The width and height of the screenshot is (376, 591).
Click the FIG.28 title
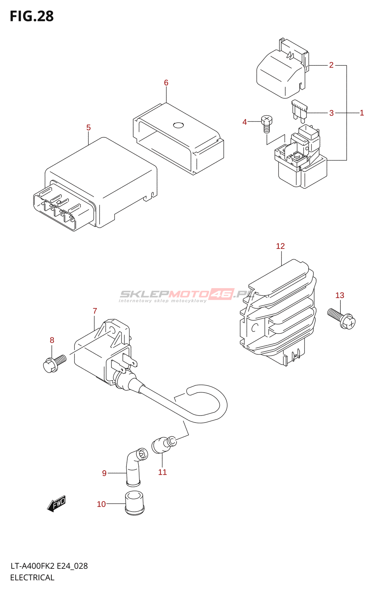32,16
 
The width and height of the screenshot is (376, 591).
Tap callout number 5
88,128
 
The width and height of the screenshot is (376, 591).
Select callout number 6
166,83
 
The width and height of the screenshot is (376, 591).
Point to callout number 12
281,246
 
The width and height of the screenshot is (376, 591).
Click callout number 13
340,295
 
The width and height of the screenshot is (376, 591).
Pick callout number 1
362,113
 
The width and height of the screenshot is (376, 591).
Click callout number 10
101,504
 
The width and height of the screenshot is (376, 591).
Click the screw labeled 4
266,123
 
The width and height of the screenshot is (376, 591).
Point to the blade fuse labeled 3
299,110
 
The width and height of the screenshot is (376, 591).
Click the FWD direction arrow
57,503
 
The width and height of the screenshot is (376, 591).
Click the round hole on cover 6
178,125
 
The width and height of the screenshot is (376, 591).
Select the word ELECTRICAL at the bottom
32,578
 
